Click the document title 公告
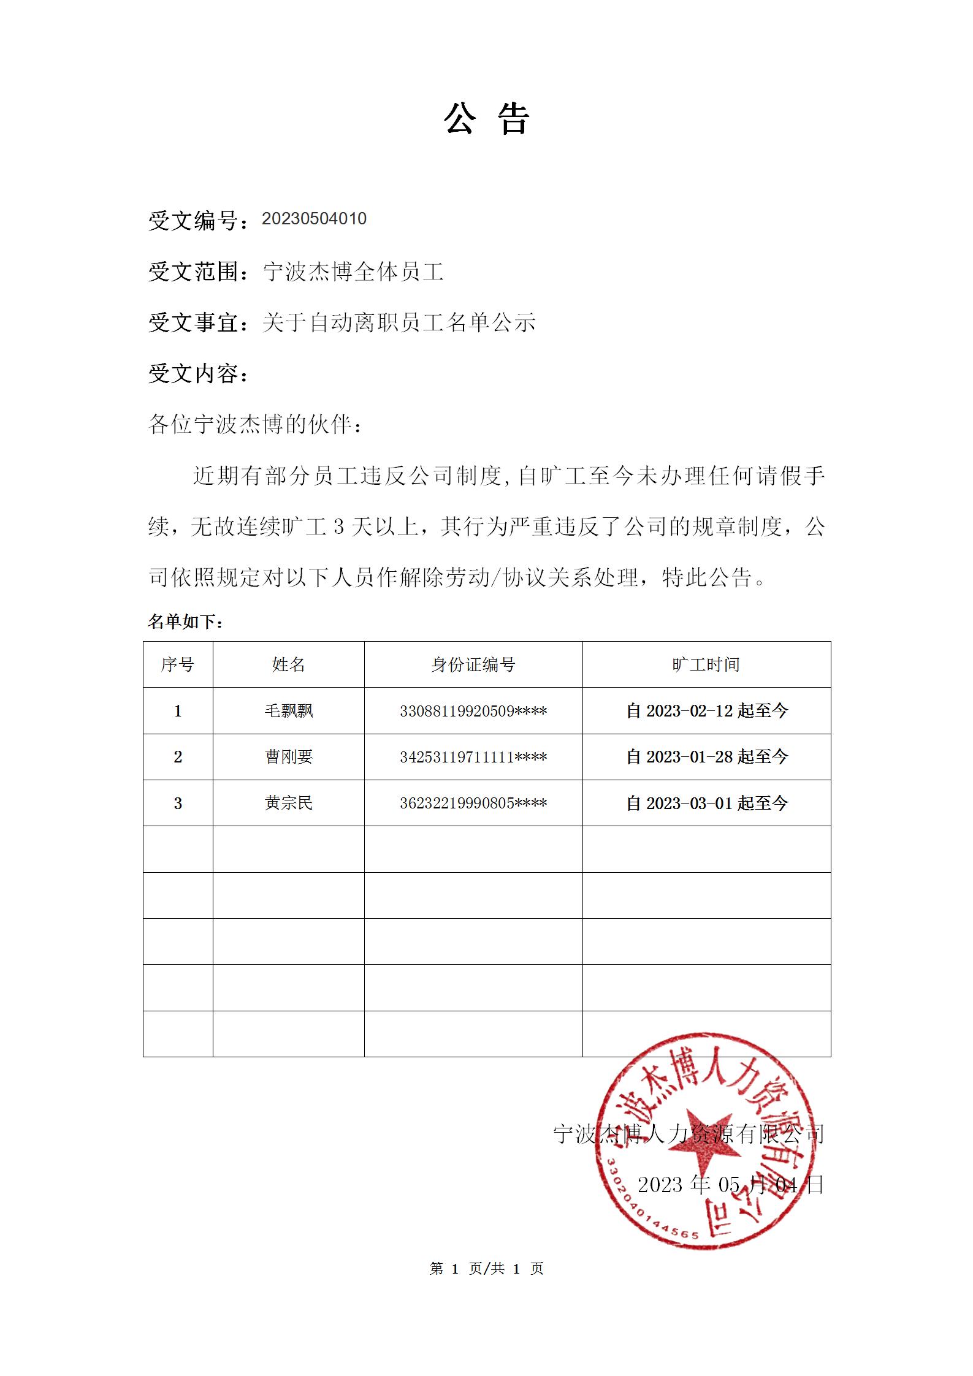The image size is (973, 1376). click(x=486, y=118)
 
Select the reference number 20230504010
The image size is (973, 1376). click(x=314, y=219)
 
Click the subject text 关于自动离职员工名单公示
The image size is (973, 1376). click(x=399, y=322)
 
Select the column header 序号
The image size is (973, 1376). click(x=178, y=664)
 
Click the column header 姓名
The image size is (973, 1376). click(x=288, y=664)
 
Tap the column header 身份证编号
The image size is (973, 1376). click(x=473, y=664)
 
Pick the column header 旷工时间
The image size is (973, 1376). click(x=706, y=664)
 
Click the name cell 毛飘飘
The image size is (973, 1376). click(x=288, y=711)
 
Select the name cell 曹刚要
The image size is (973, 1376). click(x=288, y=757)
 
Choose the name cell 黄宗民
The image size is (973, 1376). click(x=288, y=803)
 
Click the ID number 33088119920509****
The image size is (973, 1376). click(x=473, y=711)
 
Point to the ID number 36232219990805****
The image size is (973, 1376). click(x=473, y=803)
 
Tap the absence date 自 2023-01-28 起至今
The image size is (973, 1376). click(x=706, y=757)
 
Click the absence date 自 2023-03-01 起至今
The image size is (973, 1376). click(x=706, y=803)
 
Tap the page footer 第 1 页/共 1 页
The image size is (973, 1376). click(x=486, y=1269)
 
